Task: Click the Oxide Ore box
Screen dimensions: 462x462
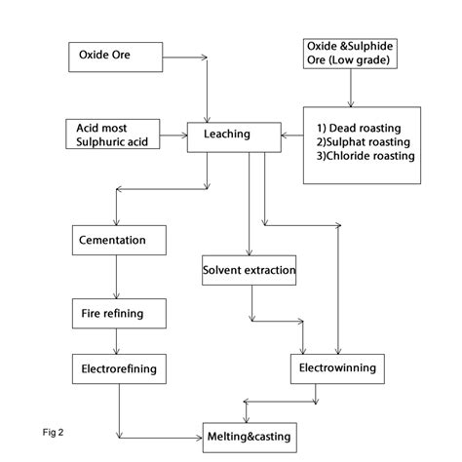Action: coord(113,57)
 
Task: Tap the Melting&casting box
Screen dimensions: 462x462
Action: coord(248,435)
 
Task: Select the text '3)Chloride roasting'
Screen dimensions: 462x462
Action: coord(366,155)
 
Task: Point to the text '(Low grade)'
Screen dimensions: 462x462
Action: coord(348,63)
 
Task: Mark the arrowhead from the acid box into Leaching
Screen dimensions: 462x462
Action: coord(193,134)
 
